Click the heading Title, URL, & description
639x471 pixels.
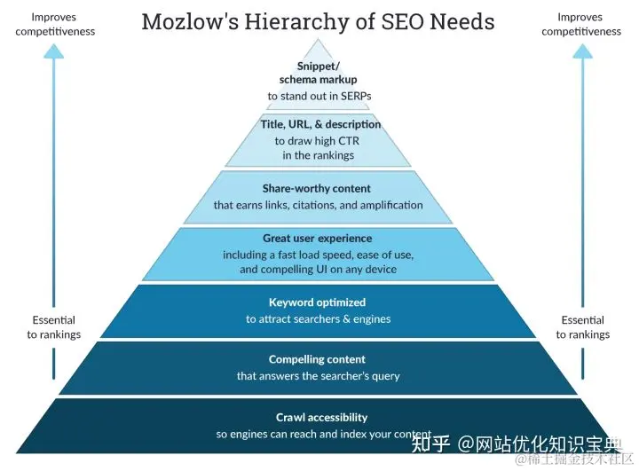tap(320, 124)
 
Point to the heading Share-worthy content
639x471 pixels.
tap(317, 188)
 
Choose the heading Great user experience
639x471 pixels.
tap(317, 238)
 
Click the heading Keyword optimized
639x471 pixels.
tap(317, 302)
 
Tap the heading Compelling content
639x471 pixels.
tap(317, 359)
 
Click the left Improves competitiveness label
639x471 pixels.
tap(56, 24)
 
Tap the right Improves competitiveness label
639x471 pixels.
tap(581, 24)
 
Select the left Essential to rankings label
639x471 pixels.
tap(53, 327)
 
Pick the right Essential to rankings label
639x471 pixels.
tap(582, 327)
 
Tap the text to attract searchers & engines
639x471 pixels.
tap(318, 318)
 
